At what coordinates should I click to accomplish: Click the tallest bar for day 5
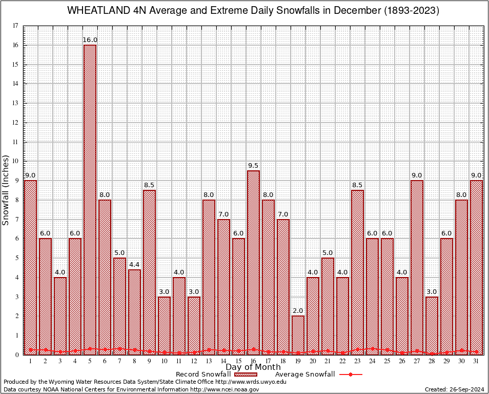90,200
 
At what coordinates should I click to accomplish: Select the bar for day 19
298,335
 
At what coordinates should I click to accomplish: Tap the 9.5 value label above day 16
253,166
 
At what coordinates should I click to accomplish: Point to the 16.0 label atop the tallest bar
90,40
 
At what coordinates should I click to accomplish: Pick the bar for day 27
417,267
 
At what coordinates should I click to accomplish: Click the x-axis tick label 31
476,361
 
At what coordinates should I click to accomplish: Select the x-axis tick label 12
194,361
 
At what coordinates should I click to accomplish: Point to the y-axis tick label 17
15,26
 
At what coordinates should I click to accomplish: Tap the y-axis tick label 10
15,161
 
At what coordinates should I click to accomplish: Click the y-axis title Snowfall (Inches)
6,190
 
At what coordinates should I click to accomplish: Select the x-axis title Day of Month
253,367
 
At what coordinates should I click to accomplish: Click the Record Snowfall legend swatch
245,375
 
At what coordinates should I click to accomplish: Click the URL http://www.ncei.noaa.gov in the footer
225,389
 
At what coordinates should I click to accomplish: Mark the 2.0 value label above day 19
298,311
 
